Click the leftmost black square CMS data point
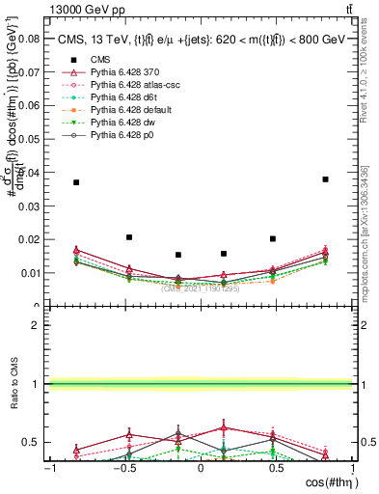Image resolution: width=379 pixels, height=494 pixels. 76,182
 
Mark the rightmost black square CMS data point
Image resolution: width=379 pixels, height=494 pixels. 326,178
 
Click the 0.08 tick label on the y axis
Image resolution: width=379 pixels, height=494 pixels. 30,40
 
